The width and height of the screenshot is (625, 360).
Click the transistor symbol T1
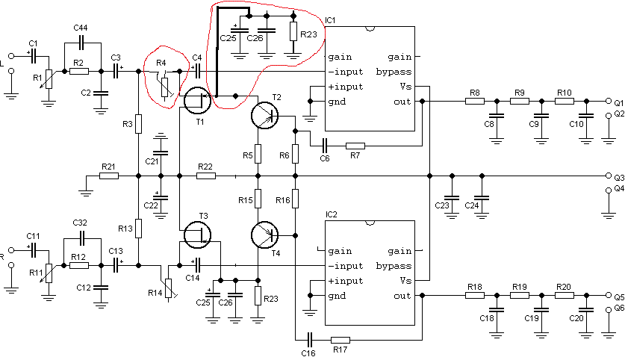(197, 100)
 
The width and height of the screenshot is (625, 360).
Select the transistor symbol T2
(264, 115)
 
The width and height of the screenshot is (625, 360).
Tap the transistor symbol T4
(264, 235)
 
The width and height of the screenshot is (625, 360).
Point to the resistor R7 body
(355, 146)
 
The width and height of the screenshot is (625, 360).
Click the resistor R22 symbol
(205, 176)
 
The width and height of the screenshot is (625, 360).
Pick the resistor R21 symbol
(109, 176)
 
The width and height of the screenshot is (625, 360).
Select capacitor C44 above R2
(82, 42)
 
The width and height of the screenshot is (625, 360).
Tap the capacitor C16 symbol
(310, 340)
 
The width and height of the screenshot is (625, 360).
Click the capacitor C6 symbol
(325, 146)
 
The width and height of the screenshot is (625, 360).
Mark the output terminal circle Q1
(609, 102)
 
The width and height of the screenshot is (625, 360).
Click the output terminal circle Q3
(609, 176)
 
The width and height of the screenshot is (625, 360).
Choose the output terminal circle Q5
(609, 296)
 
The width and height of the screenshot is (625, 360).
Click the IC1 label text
(331, 20)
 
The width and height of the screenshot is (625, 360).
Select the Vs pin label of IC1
(405, 87)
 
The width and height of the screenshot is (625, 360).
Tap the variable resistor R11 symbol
(49, 273)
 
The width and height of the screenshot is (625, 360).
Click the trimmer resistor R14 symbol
(169, 288)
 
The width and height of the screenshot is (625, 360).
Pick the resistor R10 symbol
(564, 102)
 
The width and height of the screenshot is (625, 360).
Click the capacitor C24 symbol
(482, 198)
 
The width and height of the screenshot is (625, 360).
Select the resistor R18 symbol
(475, 296)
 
